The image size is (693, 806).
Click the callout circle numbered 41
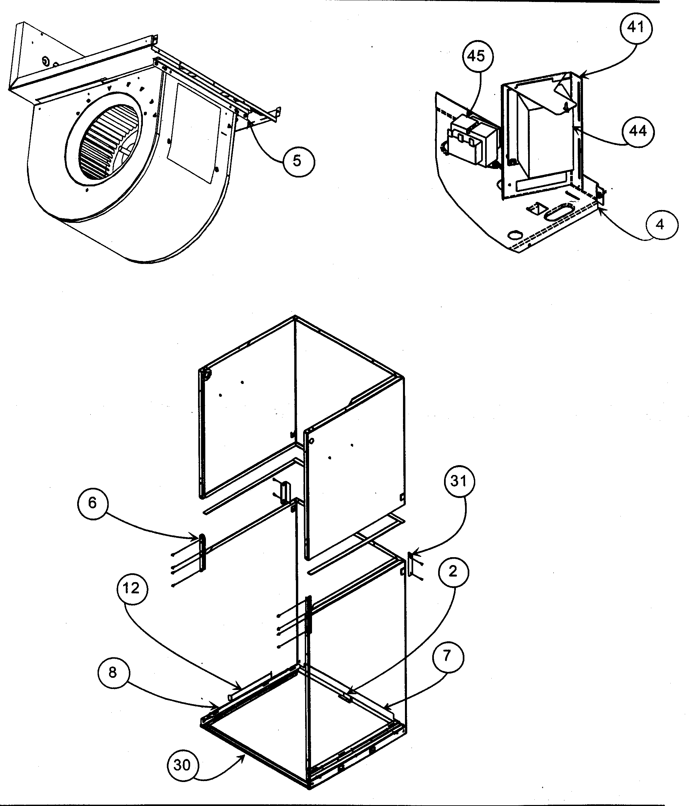click(x=636, y=28)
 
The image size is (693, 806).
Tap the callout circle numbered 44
click(x=637, y=131)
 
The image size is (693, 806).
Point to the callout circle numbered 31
click(x=459, y=482)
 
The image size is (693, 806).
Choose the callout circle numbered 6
click(x=93, y=503)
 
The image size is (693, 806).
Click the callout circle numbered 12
click(x=132, y=588)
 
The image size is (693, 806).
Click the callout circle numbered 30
click(x=182, y=765)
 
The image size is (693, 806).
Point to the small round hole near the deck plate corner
click(x=515, y=235)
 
